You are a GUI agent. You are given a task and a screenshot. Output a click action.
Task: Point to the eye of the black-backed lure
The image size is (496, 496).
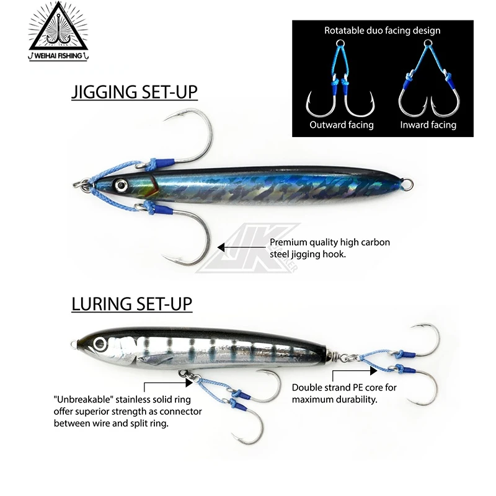[x=99, y=342]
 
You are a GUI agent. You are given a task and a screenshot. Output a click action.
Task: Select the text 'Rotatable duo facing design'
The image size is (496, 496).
[x=383, y=30]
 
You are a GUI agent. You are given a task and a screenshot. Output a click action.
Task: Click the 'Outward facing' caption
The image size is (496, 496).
[x=342, y=125]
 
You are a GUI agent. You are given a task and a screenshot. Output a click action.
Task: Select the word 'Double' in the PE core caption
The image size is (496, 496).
[x=308, y=388]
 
